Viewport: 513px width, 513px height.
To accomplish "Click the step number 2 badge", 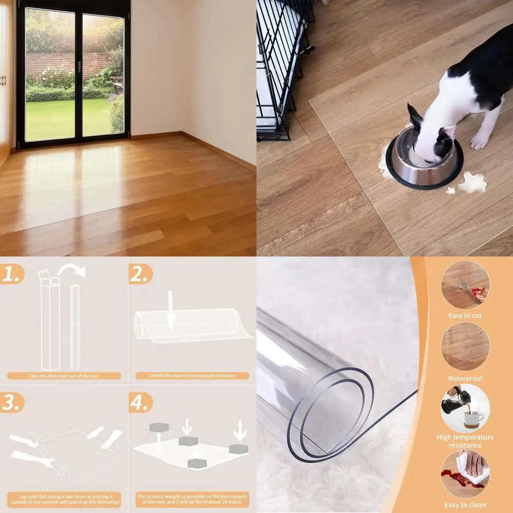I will [x=140, y=274].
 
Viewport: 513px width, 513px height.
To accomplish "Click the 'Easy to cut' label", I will [x=465, y=316].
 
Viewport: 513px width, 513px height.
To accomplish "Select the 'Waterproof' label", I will [x=465, y=379].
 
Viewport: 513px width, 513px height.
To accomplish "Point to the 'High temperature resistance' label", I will [x=465, y=441].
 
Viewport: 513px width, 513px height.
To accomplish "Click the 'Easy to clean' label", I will [x=465, y=505].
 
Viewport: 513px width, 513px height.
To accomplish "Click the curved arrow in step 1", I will [x=72, y=270].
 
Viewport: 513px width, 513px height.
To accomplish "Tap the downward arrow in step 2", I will [x=171, y=310].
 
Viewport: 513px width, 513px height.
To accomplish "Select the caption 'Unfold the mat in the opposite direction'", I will [x=192, y=376].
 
